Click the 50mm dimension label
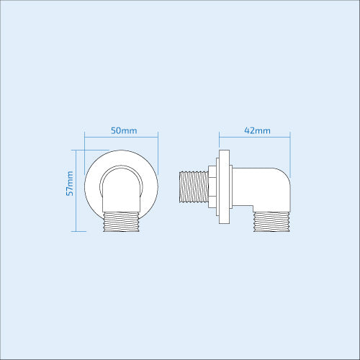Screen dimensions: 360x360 121,130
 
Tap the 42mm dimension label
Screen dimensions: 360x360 257,130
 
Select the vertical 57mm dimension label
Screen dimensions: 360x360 69,184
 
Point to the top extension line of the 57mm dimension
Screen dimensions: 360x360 90,150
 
